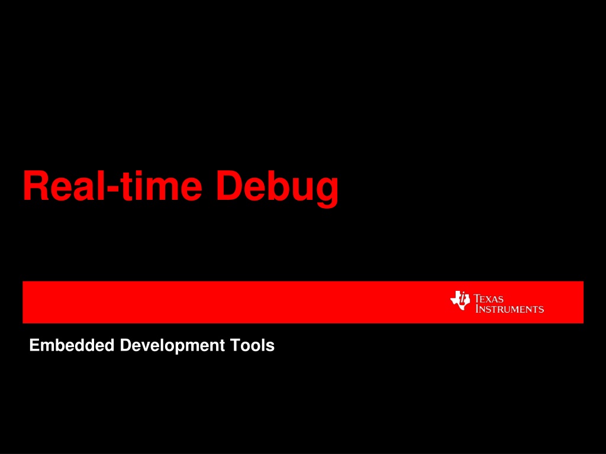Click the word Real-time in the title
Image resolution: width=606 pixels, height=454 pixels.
[x=112, y=186]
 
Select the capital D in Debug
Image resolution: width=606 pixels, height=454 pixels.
[x=230, y=186]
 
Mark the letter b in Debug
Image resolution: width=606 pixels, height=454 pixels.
[x=278, y=186]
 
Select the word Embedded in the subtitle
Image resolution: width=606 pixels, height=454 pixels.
[x=72, y=345]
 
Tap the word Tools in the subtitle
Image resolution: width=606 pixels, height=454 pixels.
[x=252, y=345]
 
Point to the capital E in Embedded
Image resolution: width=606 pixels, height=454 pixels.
[x=34, y=345]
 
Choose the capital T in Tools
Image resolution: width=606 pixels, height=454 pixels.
[x=236, y=345]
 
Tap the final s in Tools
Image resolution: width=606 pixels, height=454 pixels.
[x=270, y=347]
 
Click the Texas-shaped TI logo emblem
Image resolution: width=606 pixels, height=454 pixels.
[x=460, y=301]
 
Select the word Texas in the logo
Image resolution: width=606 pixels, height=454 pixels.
[x=488, y=299]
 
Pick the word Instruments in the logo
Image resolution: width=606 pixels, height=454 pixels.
[x=510, y=309]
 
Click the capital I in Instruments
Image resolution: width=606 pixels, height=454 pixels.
[x=478, y=309]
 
